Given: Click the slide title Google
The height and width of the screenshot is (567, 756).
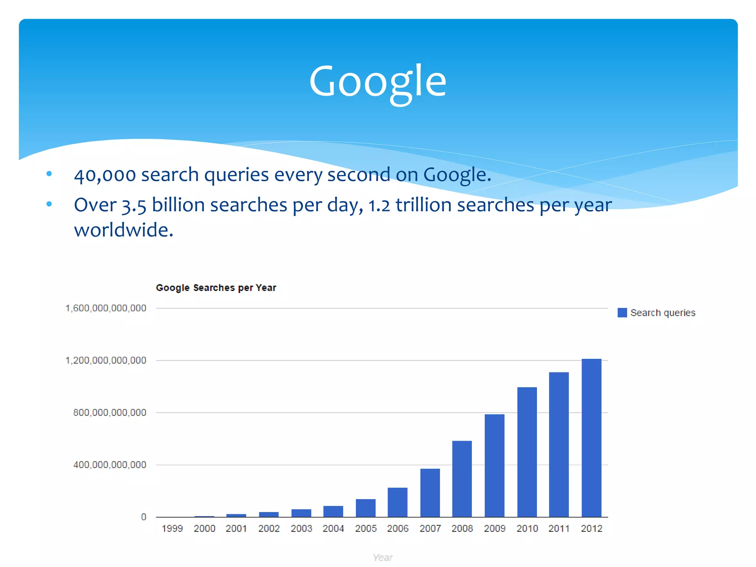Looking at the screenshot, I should click(x=378, y=82).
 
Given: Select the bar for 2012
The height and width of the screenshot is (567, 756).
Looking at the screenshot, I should click(x=591, y=438).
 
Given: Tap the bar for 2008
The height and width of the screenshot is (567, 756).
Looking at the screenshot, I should click(x=462, y=479).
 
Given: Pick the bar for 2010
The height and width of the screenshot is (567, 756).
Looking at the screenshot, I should click(x=527, y=452).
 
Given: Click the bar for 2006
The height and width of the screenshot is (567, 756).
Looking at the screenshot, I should click(x=398, y=502).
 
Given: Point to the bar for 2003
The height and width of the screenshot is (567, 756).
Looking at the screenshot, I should click(x=301, y=513).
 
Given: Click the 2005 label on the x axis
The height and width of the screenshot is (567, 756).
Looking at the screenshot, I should click(x=366, y=529).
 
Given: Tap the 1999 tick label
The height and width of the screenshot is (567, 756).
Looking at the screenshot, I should click(x=172, y=529).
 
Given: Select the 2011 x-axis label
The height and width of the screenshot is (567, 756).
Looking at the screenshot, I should click(x=559, y=529).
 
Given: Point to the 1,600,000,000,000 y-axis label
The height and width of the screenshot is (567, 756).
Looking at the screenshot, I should click(x=106, y=308).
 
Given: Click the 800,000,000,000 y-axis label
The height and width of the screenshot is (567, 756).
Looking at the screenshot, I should click(x=110, y=413).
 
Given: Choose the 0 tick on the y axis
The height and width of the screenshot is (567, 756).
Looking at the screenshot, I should click(x=144, y=517).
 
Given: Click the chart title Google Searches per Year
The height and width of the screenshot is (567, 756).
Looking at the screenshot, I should click(x=216, y=288).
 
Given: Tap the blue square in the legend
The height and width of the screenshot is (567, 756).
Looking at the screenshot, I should click(x=622, y=313).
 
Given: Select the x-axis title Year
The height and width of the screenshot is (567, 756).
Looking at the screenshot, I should click(x=382, y=557).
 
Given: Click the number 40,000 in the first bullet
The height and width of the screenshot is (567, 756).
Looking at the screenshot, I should click(x=105, y=175).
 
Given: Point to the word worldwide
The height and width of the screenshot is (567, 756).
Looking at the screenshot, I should click(x=124, y=230).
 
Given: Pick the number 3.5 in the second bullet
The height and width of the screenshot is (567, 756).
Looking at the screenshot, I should click(x=134, y=206).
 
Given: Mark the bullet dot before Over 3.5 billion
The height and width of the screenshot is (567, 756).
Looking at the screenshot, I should click(x=49, y=204).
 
